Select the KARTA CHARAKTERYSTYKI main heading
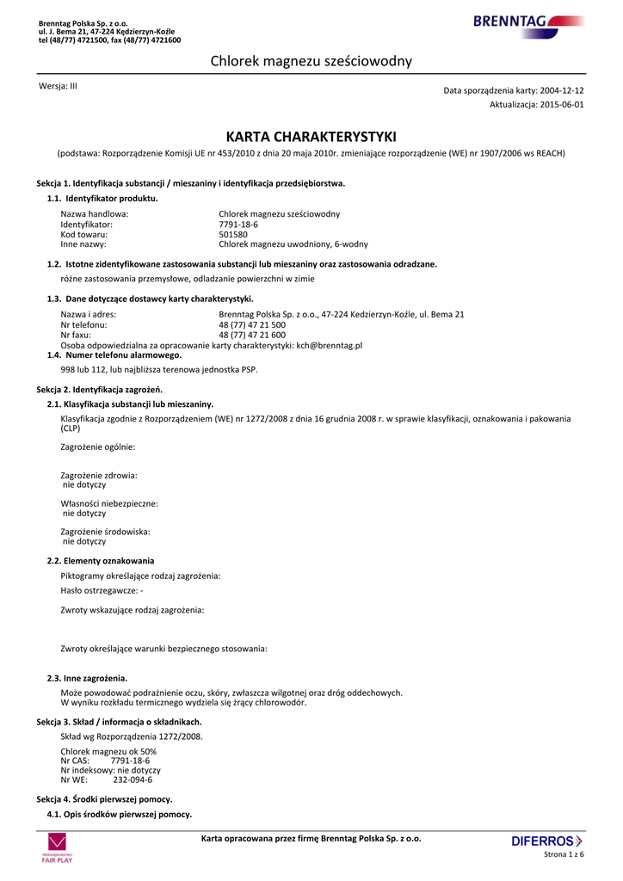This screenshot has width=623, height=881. (311, 137)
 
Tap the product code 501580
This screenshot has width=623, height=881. (233, 234)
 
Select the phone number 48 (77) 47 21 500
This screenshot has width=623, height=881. (252, 324)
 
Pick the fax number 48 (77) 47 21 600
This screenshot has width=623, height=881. (252, 335)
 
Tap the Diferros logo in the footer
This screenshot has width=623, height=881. (546, 841)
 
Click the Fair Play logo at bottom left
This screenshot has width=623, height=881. (58, 847)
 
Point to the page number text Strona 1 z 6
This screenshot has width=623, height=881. (564, 854)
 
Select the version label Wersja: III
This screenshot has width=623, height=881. (59, 86)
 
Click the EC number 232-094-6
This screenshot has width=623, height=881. (133, 780)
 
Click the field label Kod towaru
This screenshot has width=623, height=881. (84, 234)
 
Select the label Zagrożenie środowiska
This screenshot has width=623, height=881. (106, 532)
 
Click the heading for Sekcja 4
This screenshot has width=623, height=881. (104, 799)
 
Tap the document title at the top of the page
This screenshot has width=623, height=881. (311, 61)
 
